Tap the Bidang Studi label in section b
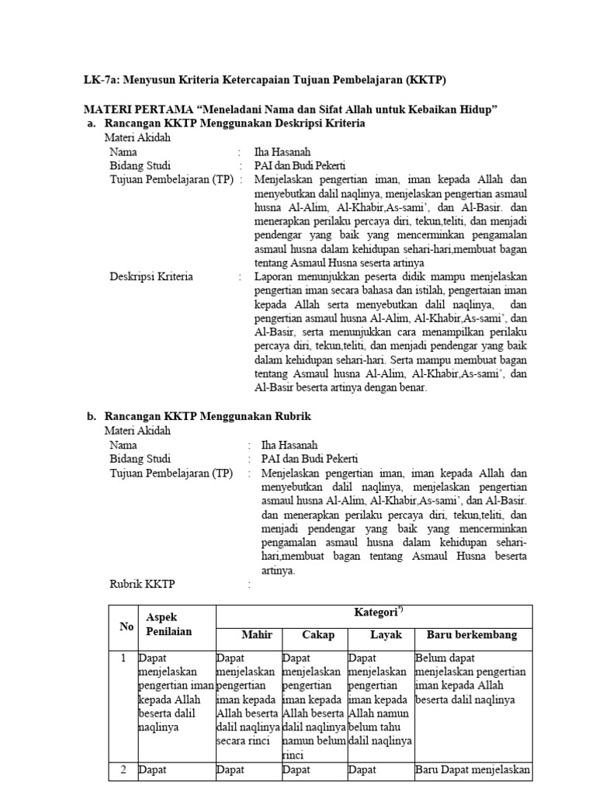(140, 459)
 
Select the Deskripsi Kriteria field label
(151, 276)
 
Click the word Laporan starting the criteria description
(274, 276)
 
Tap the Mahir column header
(256, 635)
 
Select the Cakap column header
(318, 635)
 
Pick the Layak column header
(385, 635)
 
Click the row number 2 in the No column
(121, 770)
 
